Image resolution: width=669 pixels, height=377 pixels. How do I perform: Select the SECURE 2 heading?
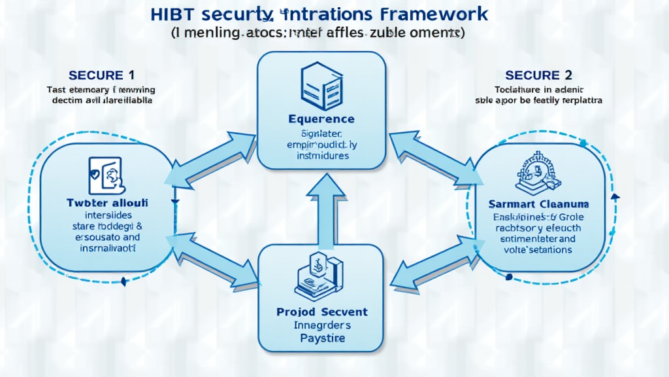(x=532, y=75)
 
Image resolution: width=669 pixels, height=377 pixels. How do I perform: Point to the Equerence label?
(x=321, y=119)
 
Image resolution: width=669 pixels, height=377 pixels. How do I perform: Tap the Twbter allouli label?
(x=108, y=204)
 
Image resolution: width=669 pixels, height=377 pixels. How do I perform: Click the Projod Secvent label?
(x=321, y=312)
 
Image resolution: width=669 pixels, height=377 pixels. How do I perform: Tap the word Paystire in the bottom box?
(x=322, y=338)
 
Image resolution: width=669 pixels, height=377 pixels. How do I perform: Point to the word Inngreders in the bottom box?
(x=322, y=325)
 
